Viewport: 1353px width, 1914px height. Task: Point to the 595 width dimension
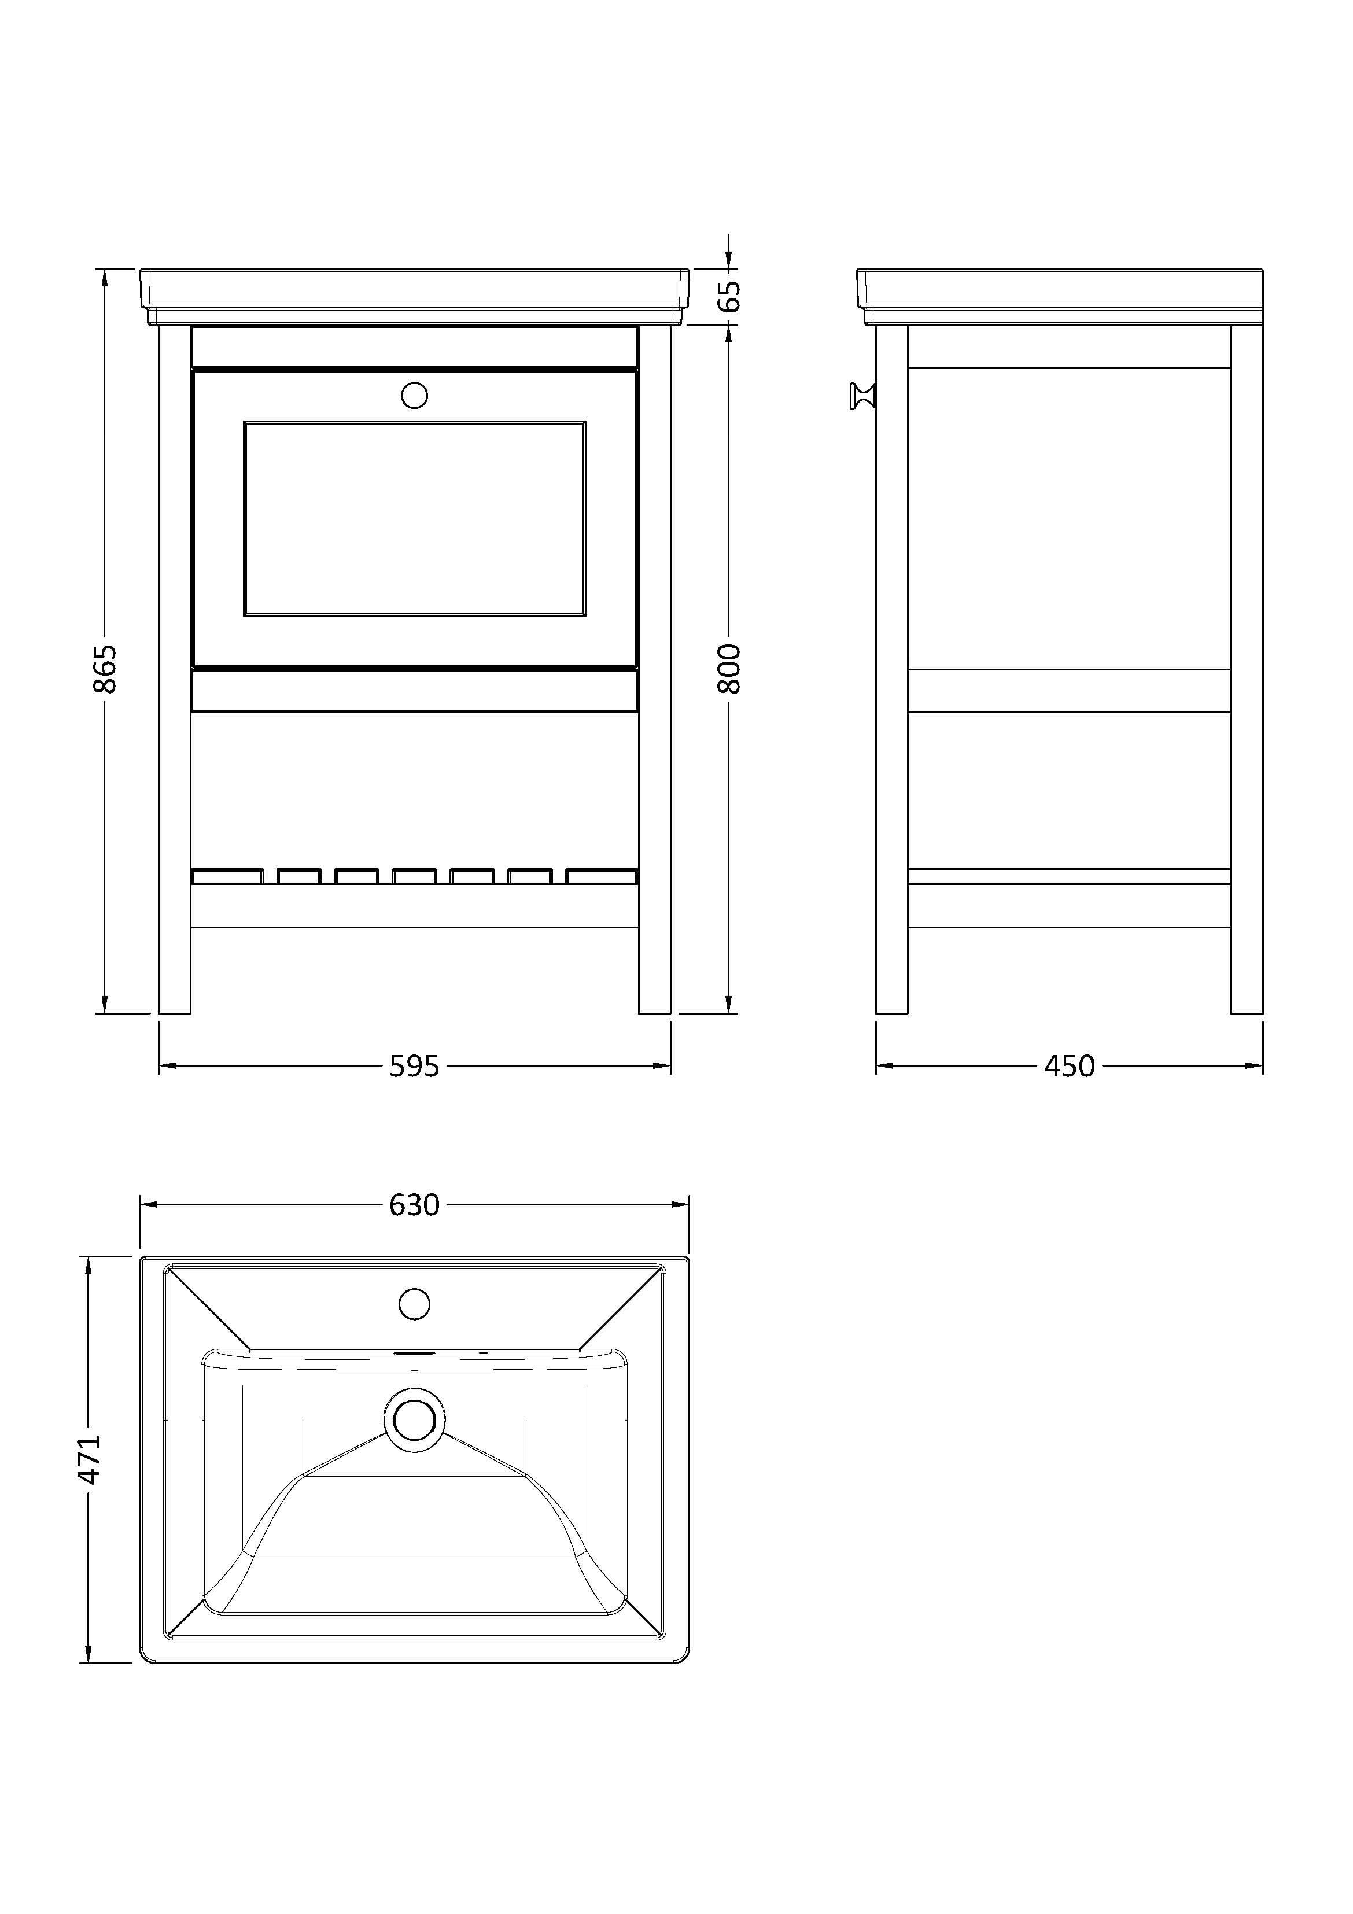(414, 1065)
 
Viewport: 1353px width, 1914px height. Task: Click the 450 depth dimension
(1070, 1065)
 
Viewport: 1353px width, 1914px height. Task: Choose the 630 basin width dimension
(414, 1205)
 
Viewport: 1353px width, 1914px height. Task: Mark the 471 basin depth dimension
(89, 1459)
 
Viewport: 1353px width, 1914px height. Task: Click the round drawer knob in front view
(414, 395)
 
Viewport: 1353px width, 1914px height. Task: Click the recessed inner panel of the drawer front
(414, 518)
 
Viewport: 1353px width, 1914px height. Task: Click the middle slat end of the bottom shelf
(414, 876)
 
